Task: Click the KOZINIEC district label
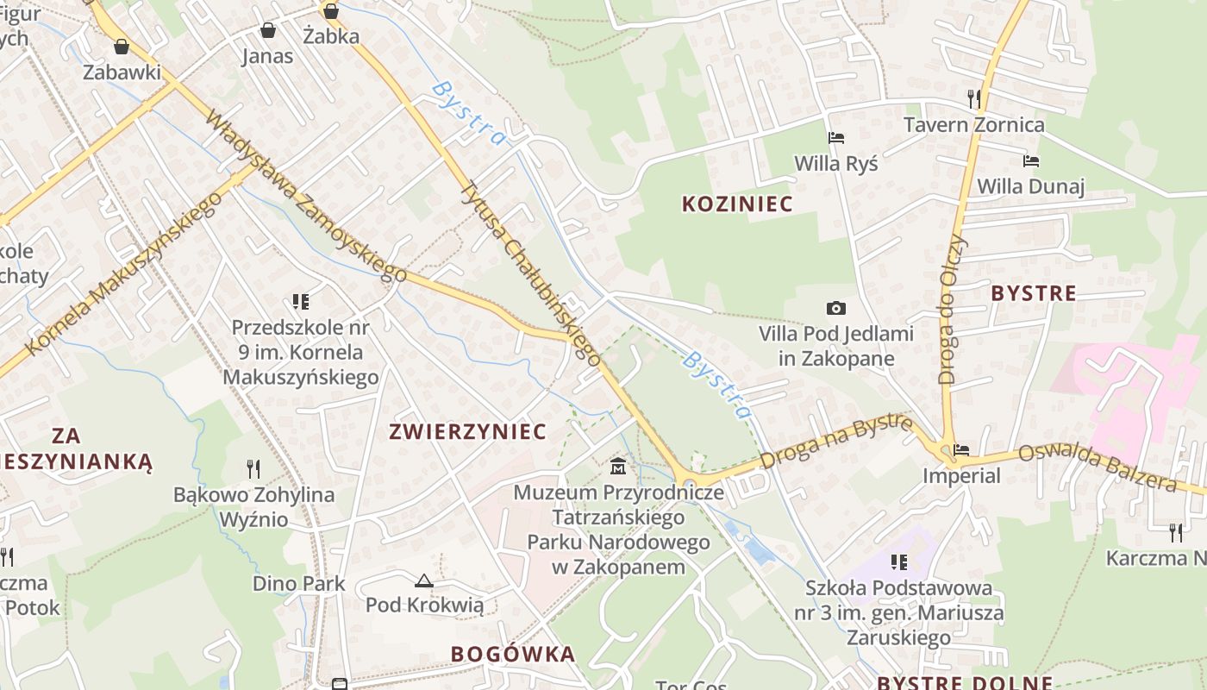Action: [x=737, y=204]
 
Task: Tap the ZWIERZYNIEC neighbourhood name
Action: [x=468, y=431]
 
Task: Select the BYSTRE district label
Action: [x=1034, y=293]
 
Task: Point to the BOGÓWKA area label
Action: [x=513, y=654]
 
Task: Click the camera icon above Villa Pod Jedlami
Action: [x=835, y=308]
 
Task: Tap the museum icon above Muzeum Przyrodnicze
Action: [x=618, y=467]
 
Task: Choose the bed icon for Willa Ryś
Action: [x=835, y=138]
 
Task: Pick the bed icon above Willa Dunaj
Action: [x=1030, y=161]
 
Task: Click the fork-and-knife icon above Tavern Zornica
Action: [x=974, y=98]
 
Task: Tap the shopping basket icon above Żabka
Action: [x=330, y=11]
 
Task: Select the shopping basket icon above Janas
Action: [x=268, y=31]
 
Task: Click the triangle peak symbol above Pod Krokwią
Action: [x=423, y=581]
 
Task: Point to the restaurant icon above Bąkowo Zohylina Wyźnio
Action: [x=253, y=469]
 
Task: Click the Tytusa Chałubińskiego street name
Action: [x=530, y=273]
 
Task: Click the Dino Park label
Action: [x=298, y=584]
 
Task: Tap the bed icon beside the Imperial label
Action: [x=961, y=450]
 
